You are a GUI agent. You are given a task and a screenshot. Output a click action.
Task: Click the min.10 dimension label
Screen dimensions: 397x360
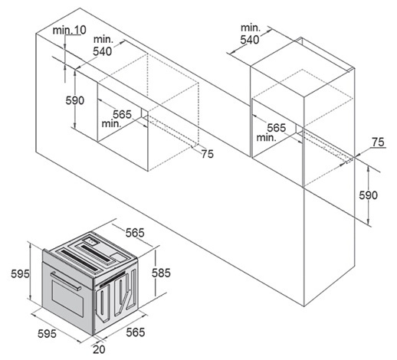click(70, 30)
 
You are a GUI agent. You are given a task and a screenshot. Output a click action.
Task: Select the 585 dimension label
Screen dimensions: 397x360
click(161, 273)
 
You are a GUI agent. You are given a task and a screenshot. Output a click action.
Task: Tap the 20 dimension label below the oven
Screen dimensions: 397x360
click(99, 349)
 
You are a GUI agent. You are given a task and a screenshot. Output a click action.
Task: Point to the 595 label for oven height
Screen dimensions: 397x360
click(20, 274)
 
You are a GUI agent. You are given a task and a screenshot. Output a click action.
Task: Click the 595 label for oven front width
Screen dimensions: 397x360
click(47, 334)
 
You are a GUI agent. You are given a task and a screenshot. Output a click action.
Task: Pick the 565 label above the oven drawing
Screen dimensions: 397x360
click(135, 233)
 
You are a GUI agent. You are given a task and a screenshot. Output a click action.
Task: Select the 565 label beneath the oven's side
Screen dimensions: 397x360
click(136, 332)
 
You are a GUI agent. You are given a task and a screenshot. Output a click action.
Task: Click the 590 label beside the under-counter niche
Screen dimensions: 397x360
click(75, 100)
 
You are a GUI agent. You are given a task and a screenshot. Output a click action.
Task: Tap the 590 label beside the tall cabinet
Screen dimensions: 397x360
click(368, 195)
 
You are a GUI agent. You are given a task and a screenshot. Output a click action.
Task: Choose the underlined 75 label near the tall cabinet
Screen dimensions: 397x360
click(378, 142)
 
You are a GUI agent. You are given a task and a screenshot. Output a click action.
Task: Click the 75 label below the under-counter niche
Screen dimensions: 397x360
click(207, 154)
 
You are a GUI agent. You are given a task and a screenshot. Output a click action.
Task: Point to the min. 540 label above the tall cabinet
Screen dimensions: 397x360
click(250, 34)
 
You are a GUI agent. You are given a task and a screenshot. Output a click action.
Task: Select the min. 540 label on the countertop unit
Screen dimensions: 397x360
click(103, 46)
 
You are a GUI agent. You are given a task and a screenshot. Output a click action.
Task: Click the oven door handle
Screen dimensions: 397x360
click(66, 281)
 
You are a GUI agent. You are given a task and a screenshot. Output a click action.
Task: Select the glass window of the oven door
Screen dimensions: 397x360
click(67, 299)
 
